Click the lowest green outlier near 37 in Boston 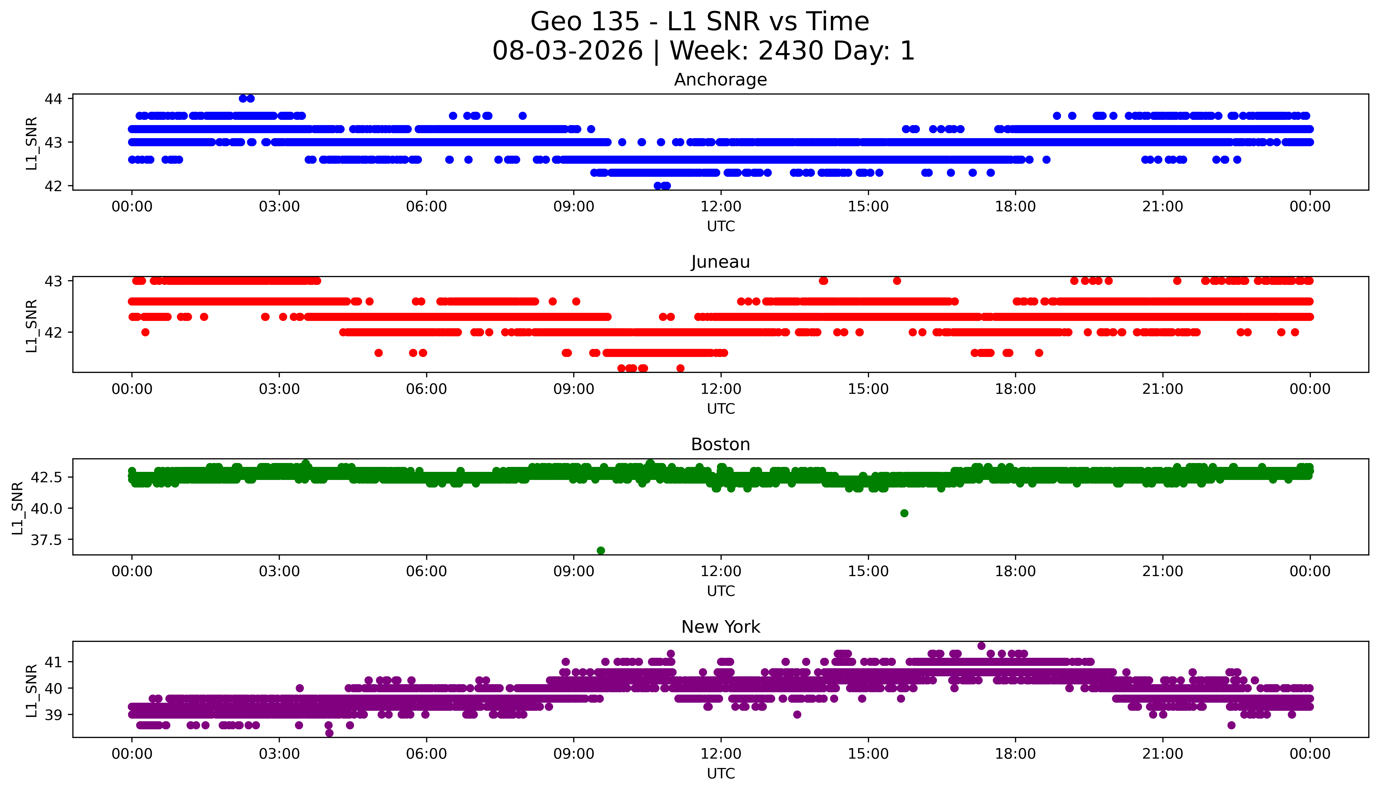[601, 550]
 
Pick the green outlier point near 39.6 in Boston [905, 513]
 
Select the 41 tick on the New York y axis [54, 662]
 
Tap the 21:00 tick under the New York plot [1163, 754]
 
